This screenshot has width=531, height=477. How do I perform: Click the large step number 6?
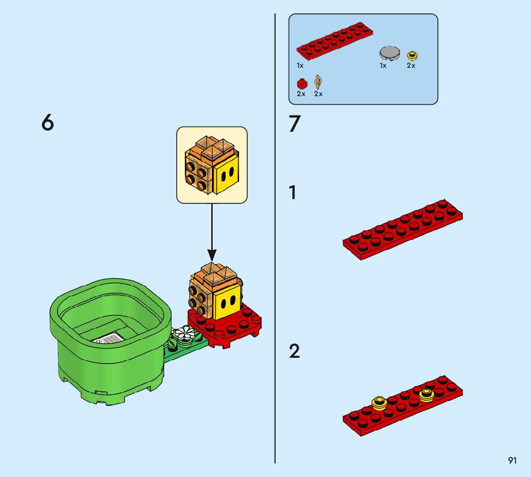coord(48,122)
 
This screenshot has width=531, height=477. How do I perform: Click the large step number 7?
coord(295,124)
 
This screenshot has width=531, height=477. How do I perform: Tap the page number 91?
coord(512,460)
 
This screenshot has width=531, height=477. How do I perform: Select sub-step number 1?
coord(292,192)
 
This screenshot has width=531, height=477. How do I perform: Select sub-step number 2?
coord(294,351)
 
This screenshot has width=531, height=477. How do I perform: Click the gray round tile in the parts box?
coord(389,53)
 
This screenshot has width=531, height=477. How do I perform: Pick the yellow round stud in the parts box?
coord(412,55)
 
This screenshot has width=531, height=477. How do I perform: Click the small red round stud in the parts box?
coord(302,84)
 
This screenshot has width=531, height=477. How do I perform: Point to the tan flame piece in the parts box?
coord(318,82)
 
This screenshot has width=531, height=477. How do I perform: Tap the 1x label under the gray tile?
coord(383,65)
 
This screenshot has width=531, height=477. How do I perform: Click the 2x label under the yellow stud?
coord(411,65)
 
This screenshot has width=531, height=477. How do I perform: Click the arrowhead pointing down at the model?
coord(212,255)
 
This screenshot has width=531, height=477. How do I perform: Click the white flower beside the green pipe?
coord(184,333)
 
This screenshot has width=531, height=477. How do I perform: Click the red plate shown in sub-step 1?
coord(403,230)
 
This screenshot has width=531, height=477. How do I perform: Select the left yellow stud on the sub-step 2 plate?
coord(379,403)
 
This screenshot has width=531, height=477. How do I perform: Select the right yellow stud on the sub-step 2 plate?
coord(426,395)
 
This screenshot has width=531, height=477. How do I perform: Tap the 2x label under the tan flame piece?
coord(318,94)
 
